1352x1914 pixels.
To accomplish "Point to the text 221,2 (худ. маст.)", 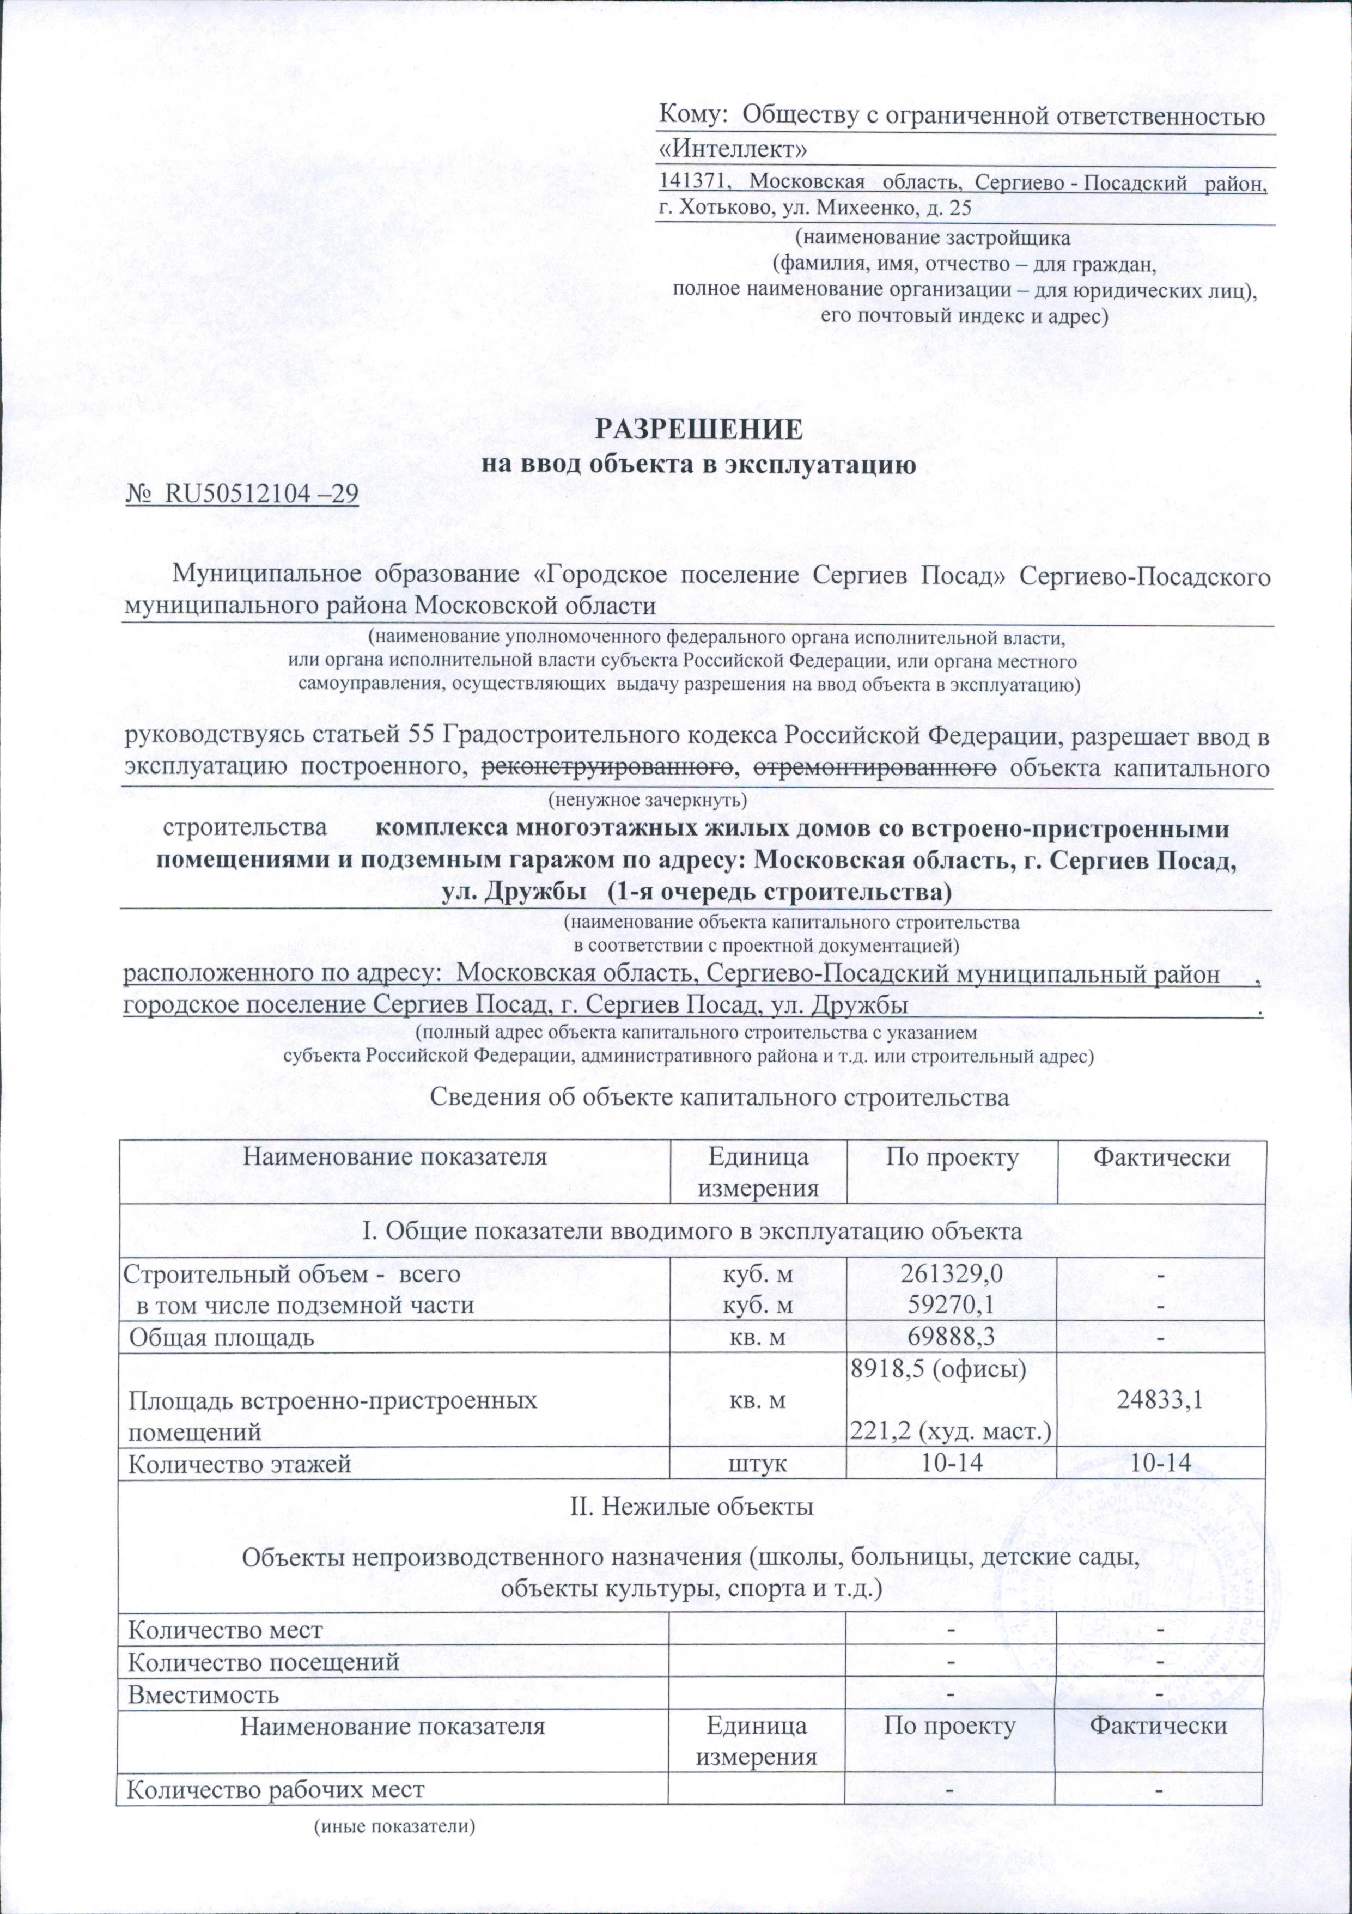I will [949, 1432].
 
